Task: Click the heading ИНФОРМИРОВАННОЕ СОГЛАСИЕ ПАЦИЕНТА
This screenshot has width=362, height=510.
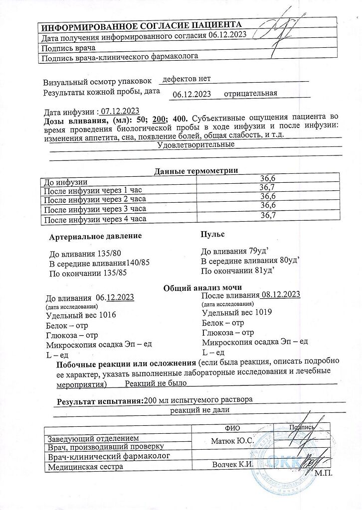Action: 142,26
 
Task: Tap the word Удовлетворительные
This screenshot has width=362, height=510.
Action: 196,145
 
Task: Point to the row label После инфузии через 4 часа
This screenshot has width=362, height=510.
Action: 95,220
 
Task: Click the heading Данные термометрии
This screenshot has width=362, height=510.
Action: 196,171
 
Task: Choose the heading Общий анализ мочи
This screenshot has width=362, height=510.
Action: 203,287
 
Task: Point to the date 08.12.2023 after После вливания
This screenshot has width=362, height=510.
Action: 281,294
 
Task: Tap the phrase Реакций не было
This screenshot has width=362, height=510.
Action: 156,383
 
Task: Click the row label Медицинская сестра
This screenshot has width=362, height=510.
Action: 85,467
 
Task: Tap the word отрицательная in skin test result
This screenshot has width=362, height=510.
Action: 250,94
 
